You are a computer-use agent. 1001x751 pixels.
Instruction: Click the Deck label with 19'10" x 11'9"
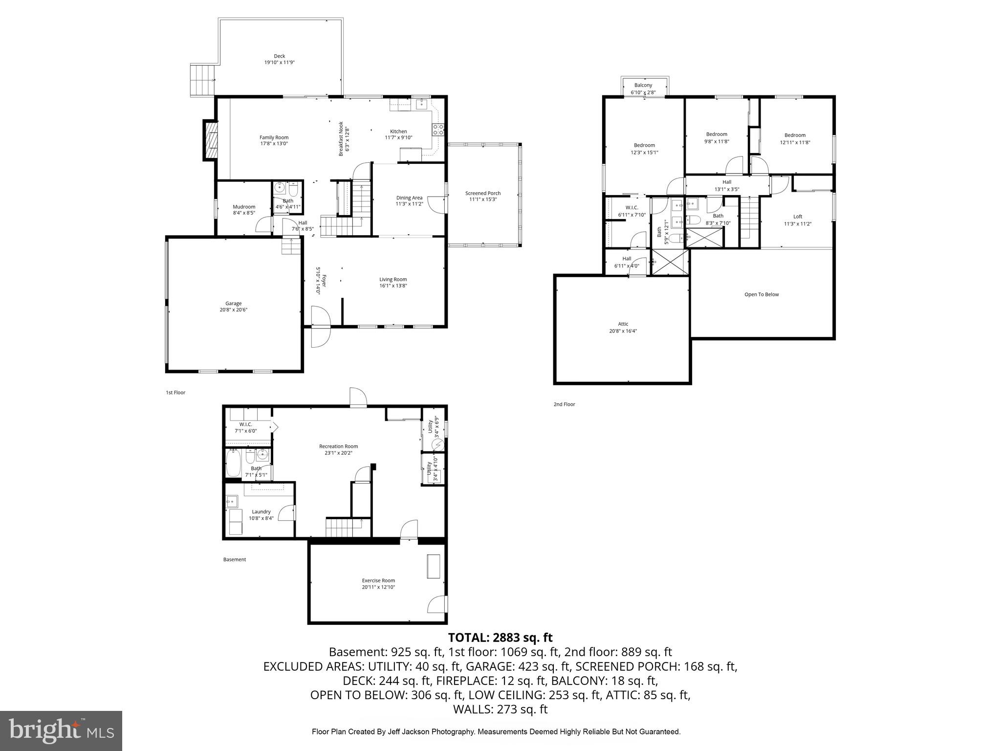279,59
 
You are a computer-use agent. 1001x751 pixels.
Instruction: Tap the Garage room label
233,304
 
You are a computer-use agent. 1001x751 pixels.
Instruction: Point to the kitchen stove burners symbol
438,130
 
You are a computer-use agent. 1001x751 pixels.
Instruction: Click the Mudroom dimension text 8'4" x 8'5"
244,213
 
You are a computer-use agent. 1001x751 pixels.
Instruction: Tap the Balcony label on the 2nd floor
643,85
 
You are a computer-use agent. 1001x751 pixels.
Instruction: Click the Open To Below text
761,294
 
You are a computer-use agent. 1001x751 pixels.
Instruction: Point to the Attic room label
623,324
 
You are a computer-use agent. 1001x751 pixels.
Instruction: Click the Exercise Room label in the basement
378,580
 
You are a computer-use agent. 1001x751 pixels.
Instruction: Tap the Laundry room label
261,512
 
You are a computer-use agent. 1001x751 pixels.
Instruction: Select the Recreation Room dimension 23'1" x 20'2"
338,453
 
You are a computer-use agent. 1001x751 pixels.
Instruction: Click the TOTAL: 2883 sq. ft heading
500,638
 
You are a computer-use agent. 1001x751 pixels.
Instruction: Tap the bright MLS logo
61,730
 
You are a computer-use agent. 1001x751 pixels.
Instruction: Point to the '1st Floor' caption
175,393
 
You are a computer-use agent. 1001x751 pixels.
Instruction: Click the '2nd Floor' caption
564,404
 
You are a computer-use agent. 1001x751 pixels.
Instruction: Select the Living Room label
393,280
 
